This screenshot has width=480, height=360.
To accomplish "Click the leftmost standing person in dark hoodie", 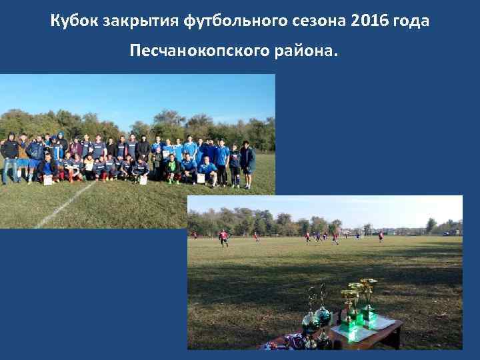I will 9,157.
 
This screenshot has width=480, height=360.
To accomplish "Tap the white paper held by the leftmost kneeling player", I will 48,179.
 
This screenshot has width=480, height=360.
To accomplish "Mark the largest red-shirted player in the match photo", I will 223,237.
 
